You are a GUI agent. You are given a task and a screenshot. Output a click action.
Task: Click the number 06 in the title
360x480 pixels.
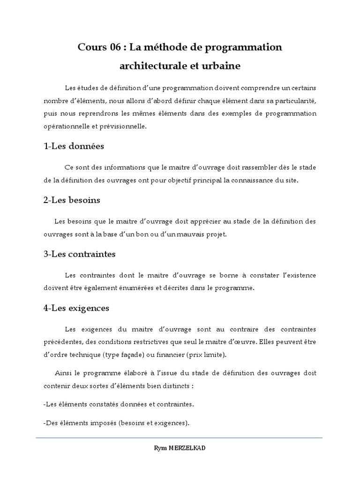pyautogui.click(x=114, y=47)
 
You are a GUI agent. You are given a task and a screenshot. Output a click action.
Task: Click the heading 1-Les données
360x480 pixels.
pyautogui.click(x=74, y=146)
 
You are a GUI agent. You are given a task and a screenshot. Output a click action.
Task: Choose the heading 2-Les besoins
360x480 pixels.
pyautogui.click(x=72, y=200)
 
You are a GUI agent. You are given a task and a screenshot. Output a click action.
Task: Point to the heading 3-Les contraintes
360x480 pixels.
pyautogui.click(x=79, y=254)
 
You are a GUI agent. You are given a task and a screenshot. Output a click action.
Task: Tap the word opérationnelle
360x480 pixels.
pyautogui.click(x=68, y=126)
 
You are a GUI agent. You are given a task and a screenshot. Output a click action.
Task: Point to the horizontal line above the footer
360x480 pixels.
pyautogui.click(x=180, y=438)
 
